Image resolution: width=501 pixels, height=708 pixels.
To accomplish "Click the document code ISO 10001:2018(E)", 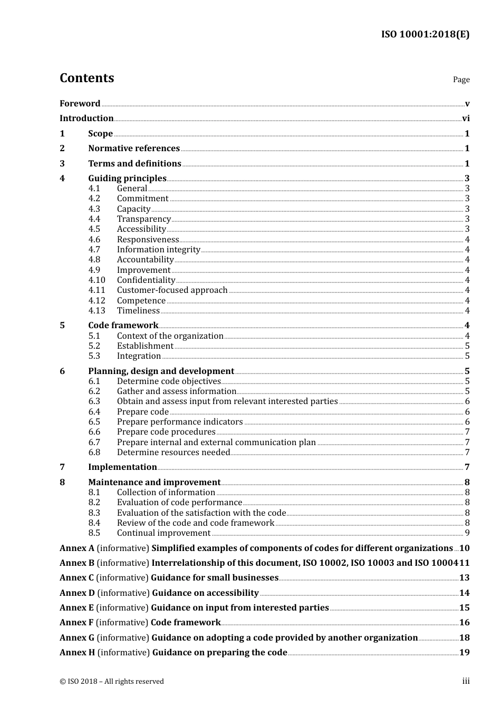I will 425,34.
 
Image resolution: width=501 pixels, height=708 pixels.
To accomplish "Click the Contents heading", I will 86,78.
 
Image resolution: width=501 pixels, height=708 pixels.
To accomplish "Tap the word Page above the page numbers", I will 461,80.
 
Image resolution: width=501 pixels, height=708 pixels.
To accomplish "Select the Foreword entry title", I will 80,103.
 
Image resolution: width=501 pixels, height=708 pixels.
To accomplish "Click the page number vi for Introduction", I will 466,119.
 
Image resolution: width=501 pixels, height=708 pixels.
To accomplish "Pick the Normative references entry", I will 134,149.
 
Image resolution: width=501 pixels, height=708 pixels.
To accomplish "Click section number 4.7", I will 94,250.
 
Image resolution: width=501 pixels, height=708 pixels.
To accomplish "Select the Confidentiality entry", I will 146,280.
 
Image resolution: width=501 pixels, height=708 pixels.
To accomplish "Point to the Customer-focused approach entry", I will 172,290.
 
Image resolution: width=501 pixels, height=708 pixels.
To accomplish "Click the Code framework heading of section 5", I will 123,326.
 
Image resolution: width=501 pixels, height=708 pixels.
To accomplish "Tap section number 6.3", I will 94,401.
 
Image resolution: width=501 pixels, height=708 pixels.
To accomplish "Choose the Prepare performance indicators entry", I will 180,422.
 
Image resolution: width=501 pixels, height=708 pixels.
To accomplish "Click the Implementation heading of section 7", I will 122,467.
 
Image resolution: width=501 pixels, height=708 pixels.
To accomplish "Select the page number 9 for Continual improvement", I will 467,533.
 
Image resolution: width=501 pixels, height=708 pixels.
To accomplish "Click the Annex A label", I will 77,548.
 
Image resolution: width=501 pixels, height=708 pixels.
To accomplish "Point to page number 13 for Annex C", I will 464,578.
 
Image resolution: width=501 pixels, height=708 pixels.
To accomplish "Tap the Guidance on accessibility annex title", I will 205,593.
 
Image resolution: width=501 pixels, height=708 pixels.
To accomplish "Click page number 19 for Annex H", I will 464,653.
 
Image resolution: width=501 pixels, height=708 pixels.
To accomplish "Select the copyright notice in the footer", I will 112,682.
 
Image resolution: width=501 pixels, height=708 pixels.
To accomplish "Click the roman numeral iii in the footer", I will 466,681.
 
